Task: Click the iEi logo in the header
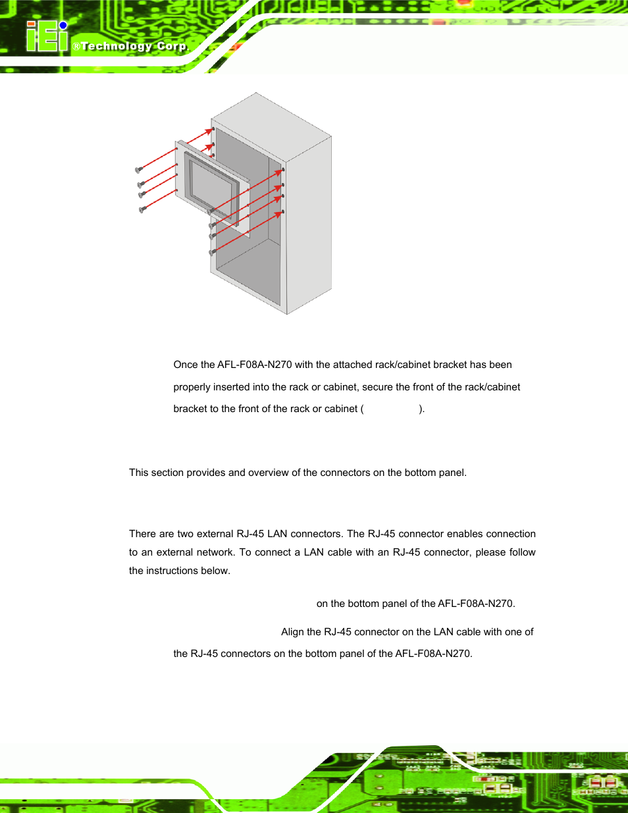click(47, 36)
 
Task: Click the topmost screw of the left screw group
click(139, 170)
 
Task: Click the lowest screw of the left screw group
click(142, 209)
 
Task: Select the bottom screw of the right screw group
click(212, 251)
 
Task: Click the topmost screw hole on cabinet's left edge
click(213, 129)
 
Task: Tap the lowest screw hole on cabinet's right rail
click(283, 212)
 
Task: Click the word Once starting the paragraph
click(186, 365)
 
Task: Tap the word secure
click(377, 387)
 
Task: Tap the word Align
click(292, 632)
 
